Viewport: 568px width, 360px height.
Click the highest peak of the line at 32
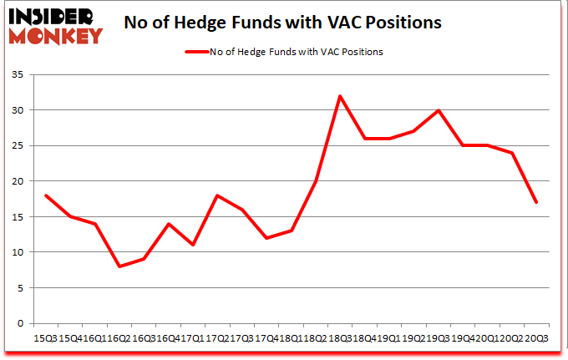[340, 96]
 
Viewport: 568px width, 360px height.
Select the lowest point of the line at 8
[119, 266]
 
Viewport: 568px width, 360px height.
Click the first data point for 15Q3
[46, 195]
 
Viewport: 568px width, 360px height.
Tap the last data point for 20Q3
[536, 202]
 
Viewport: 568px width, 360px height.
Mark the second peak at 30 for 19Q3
[439, 110]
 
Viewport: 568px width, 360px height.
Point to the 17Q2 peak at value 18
[217, 195]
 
